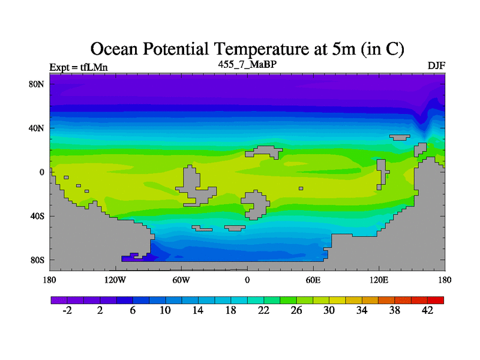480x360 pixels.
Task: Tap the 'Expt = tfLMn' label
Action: tap(78, 67)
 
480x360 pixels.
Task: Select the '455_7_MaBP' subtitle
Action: tap(247, 64)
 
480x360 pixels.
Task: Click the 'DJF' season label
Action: tap(436, 65)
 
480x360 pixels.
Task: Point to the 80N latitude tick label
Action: tap(37, 84)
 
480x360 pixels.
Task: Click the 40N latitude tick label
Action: tap(37, 128)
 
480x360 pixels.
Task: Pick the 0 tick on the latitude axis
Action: tap(42, 172)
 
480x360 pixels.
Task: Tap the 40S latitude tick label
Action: tap(37, 216)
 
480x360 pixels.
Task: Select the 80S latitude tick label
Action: tap(37, 260)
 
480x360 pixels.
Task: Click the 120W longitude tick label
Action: tap(115, 280)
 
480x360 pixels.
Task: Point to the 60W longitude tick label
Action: tap(181, 280)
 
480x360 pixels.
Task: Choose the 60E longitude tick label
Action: tap(313, 280)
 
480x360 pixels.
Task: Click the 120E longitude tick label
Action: tap(379, 280)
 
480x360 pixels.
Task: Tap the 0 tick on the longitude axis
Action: tap(247, 280)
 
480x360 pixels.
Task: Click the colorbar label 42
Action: tap(428, 310)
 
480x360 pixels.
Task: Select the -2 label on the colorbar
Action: tap(67, 310)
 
